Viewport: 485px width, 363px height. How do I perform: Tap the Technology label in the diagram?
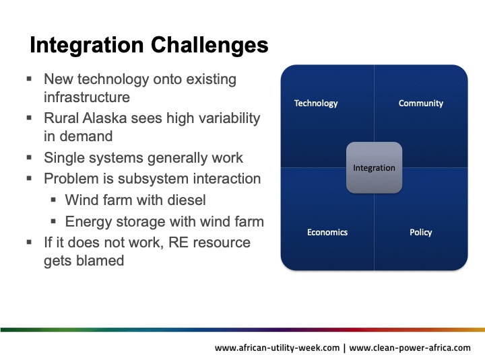[x=316, y=104]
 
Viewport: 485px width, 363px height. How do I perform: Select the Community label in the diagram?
[x=420, y=104]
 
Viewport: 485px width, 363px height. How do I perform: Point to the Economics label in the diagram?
[x=327, y=233]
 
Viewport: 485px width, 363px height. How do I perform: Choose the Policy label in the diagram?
[x=420, y=233]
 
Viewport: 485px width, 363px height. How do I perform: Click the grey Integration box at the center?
[x=374, y=168]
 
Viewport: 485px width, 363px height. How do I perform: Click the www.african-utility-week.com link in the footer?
[x=278, y=348]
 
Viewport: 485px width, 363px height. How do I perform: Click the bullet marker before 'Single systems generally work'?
[x=30, y=159]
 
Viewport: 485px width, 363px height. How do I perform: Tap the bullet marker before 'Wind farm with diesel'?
[x=54, y=200]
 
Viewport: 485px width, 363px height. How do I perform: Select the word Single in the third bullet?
[x=64, y=159]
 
